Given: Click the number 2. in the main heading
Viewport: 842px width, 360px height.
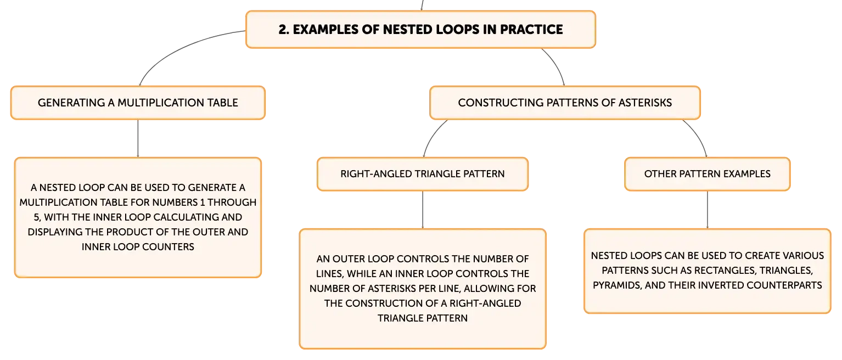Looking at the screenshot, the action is pos(284,30).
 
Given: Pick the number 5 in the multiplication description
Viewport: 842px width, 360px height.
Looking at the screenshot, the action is pos(37,217).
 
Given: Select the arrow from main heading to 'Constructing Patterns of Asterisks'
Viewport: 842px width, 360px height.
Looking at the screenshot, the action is pos(557,65).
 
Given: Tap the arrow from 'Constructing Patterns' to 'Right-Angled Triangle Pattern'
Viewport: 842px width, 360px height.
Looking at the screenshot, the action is pos(432,136).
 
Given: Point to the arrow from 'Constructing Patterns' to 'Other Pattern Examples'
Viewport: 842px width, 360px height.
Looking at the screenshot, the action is pos(699,136).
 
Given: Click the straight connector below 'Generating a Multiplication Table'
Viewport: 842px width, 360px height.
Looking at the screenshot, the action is pos(138,138).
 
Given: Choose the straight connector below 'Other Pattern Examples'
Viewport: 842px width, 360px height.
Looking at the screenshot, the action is pos(708,210).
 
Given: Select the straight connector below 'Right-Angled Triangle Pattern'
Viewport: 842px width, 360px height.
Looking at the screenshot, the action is pos(423,210).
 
